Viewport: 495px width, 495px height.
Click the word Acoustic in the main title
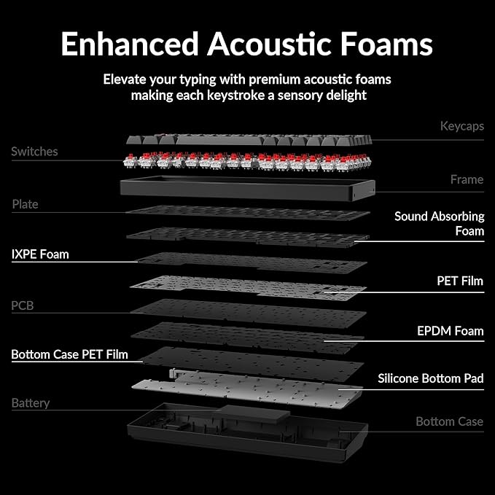269,44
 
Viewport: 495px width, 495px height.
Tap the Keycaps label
462,126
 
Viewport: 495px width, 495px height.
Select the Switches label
34,152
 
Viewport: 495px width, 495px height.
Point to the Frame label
467,179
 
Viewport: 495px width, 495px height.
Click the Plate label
25,204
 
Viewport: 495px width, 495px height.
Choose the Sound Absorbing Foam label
439,224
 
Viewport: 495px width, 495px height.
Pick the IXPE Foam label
40,254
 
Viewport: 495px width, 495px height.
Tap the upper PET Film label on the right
460,281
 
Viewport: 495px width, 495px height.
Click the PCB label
22,305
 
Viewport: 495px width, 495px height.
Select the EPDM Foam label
451,331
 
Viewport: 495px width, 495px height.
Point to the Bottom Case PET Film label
69,354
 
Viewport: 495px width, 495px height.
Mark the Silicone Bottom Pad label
431,378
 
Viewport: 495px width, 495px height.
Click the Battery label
31,403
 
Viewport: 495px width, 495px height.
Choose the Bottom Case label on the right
450,421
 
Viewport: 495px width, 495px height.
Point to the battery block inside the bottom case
254,413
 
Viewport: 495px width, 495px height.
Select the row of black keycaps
249,140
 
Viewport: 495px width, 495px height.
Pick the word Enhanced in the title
130,44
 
